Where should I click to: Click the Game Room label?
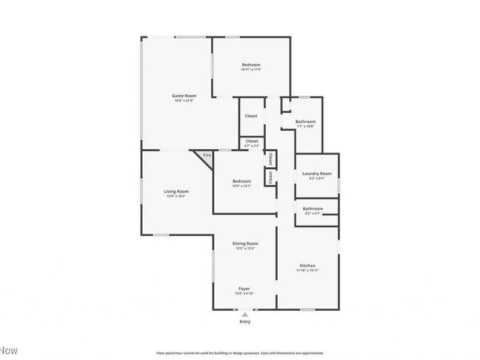[184, 96]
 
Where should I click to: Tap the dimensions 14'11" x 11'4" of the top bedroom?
[251, 70]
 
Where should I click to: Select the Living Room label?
[176, 191]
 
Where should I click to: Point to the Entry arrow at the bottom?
[245, 314]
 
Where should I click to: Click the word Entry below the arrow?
[245, 322]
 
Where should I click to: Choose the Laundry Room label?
[317, 174]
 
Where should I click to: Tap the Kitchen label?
[308, 265]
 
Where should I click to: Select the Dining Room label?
[245, 243]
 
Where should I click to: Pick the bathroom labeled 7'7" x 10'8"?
[305, 122]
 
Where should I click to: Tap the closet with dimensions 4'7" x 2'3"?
[252, 142]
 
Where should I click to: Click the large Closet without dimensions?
[251, 116]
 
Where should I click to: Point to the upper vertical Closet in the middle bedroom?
[271, 159]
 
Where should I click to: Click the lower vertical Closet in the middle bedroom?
[271, 178]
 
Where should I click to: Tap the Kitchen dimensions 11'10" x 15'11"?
[308, 271]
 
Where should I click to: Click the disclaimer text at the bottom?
[240, 353]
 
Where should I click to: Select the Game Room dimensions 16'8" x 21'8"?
[184, 101]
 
